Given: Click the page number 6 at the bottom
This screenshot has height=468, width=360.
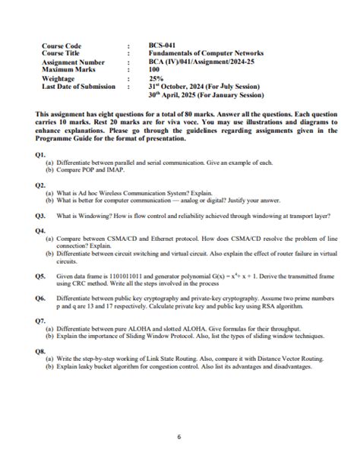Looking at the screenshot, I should click(179, 436).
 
